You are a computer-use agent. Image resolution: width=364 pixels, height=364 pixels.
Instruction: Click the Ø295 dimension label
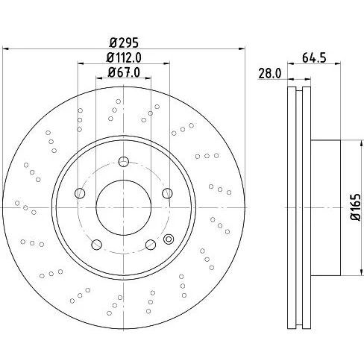[x=124, y=43]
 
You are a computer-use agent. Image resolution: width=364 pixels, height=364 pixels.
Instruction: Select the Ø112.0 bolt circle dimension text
[x=124, y=57]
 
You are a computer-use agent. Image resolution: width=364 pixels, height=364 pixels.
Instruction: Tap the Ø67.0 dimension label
[x=124, y=72]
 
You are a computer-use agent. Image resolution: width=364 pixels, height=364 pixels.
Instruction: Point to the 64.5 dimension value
[x=314, y=58]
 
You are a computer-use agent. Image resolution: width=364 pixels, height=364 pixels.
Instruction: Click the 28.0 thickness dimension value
[x=270, y=74]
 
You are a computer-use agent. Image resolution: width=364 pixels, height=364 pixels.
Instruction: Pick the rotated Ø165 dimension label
[x=356, y=207]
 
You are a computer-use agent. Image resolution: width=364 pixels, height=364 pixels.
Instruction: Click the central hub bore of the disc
[x=124, y=207]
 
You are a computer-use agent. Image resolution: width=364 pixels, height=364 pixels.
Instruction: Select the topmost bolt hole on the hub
[x=124, y=162]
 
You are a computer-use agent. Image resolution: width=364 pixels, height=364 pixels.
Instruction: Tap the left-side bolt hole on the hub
[x=80, y=193]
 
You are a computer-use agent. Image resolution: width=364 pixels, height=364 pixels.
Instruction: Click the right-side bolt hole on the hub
[x=167, y=193]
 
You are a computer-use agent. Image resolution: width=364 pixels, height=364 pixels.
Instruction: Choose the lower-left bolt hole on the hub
[x=97, y=245]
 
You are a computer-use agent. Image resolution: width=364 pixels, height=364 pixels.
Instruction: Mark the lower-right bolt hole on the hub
[x=151, y=245]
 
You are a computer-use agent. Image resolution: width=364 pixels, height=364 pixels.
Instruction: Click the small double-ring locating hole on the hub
[x=169, y=239]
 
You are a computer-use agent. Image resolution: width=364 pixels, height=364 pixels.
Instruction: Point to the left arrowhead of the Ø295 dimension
[x=5, y=49]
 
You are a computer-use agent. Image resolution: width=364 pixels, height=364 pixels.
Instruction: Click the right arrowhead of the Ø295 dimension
[x=242, y=49]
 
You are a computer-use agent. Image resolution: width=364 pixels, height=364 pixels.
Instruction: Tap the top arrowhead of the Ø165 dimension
[x=360, y=143]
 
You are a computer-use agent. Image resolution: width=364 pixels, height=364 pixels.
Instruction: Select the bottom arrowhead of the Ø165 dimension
[x=360, y=272]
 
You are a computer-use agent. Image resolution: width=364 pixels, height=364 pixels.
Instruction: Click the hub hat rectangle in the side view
[x=325, y=207]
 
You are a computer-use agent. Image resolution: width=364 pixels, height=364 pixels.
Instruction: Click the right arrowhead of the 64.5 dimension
[x=337, y=64]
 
